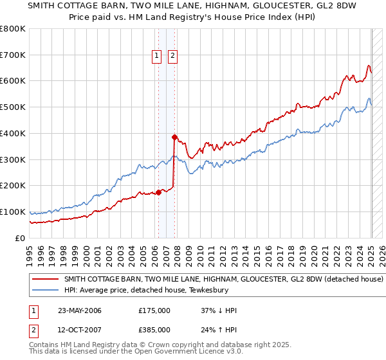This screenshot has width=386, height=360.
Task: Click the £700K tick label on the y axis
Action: tap(13, 55)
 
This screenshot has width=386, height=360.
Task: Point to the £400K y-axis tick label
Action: tap(13, 134)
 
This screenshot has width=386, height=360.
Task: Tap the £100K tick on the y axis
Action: tap(13, 212)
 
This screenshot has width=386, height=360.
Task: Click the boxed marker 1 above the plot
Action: tap(157, 56)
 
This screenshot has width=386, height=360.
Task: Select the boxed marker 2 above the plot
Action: tap(173, 56)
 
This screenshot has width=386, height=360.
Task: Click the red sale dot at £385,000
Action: tap(174, 137)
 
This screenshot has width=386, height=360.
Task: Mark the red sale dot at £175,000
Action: tap(159, 192)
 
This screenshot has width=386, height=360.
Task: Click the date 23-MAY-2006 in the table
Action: tap(80, 310)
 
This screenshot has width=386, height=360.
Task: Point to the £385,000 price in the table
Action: tap(154, 329)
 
